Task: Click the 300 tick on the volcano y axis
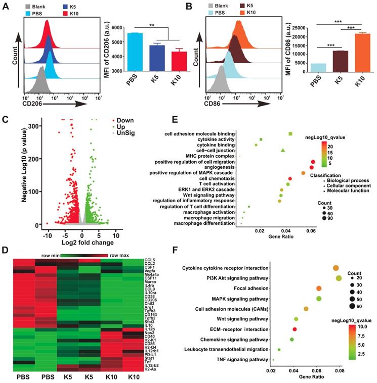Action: click(29, 126)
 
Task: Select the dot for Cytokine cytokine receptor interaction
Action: click(335, 268)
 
